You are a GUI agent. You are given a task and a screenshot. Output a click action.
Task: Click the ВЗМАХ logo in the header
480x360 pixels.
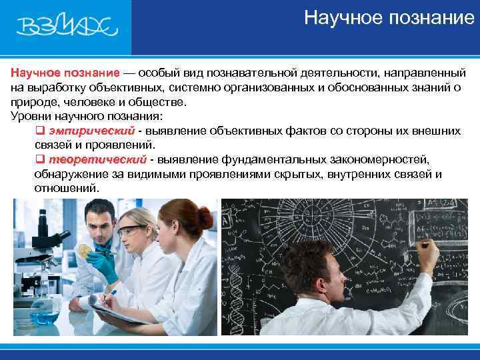click(x=66, y=27)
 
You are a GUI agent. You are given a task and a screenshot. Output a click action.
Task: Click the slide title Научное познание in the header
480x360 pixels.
click(x=389, y=17)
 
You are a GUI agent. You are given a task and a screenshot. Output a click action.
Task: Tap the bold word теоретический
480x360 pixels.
click(x=97, y=159)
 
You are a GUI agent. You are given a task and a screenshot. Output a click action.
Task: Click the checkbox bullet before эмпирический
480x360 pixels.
click(x=39, y=131)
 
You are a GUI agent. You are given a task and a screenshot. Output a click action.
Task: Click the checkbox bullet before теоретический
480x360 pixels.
click(x=39, y=160)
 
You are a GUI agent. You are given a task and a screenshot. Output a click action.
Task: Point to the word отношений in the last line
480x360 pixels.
click(x=65, y=189)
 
